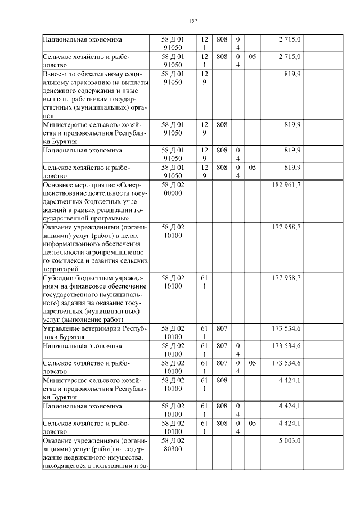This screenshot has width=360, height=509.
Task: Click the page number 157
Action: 192,21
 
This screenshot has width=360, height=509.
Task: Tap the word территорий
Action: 61,269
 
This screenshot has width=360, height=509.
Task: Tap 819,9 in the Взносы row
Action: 292,74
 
